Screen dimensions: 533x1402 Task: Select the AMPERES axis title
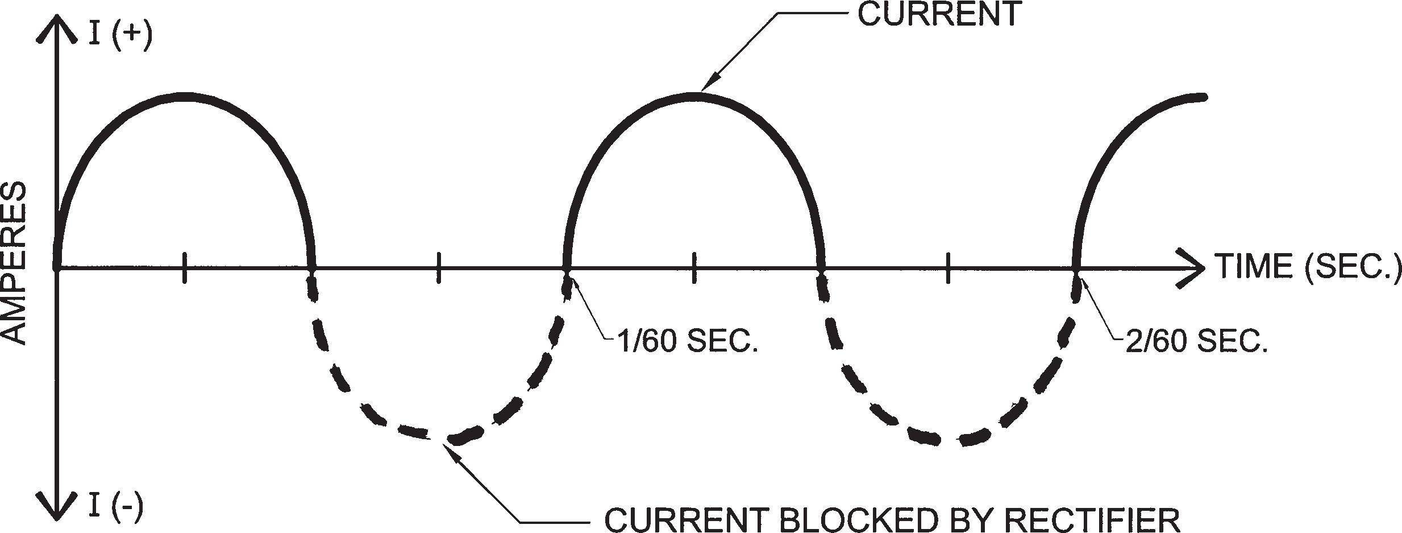pyautogui.click(x=15, y=263)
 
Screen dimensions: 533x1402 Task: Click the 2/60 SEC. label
pyautogui.click(x=1196, y=342)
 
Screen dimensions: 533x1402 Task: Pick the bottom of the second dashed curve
pyautogui.click(x=948, y=440)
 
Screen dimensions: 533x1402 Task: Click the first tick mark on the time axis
pyautogui.click(x=184, y=267)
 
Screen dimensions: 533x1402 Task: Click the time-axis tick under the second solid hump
pyautogui.click(x=693, y=267)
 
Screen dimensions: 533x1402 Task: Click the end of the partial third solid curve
pyautogui.click(x=1204, y=97)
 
